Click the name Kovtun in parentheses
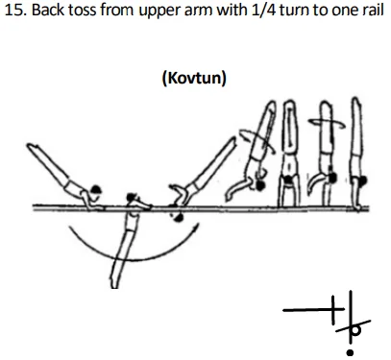pos(195,76)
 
